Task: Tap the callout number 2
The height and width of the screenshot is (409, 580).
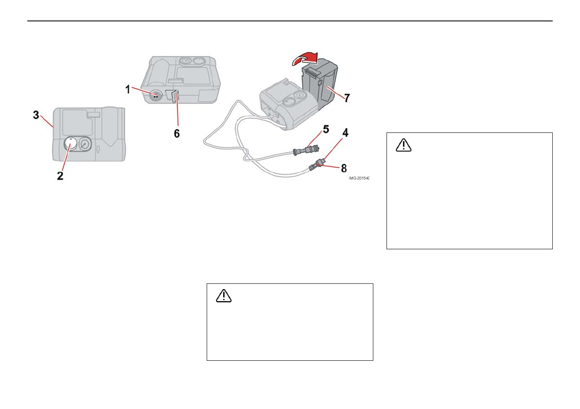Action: (x=60, y=176)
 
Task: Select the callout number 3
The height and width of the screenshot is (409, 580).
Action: (x=36, y=115)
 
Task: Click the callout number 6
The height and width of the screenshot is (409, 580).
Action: (x=177, y=133)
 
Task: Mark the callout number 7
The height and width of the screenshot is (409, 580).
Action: (x=347, y=97)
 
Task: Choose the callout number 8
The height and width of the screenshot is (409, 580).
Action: (x=344, y=168)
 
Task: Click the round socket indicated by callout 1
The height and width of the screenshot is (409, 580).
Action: (x=156, y=95)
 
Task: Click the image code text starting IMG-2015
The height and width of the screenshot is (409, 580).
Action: (x=358, y=179)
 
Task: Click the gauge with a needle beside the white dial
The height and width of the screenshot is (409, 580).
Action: (x=86, y=145)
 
